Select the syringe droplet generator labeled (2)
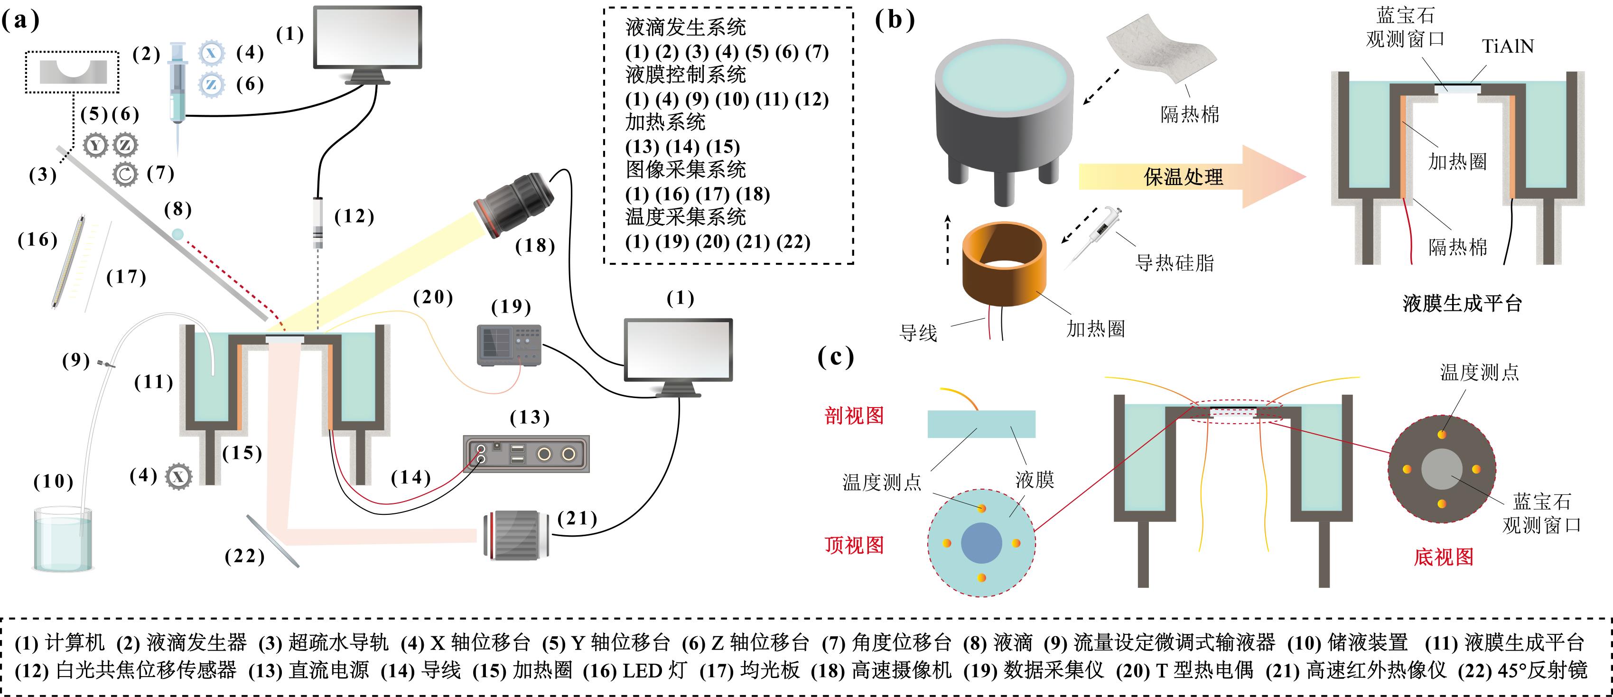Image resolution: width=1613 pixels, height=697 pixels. pyautogui.click(x=178, y=88)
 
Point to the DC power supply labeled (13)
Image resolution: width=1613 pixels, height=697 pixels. pyautogui.click(x=525, y=454)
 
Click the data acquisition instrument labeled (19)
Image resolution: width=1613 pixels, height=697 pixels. pyautogui.click(x=508, y=345)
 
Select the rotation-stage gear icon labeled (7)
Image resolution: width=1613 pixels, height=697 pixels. pyautogui.click(x=125, y=174)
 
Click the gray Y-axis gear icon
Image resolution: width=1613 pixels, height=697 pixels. pyautogui.click(x=95, y=145)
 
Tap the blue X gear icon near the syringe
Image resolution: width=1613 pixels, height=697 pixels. pyautogui.click(x=211, y=53)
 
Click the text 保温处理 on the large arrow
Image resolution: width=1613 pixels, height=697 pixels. pyautogui.click(x=1183, y=177)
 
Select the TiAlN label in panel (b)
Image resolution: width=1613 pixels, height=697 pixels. pyautogui.click(x=1507, y=46)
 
